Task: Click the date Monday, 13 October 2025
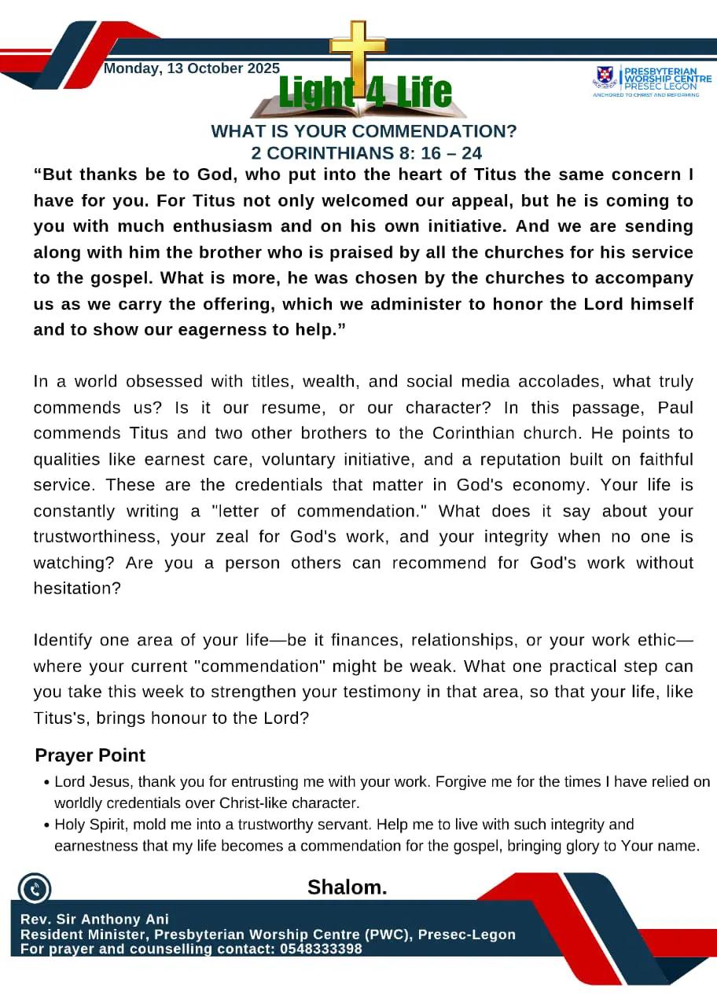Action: pos(191,68)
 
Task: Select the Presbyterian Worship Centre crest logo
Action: pos(605,75)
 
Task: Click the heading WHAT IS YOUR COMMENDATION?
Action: pos(364,131)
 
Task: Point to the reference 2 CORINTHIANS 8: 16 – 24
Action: pos(366,152)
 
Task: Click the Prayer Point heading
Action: pos(90,755)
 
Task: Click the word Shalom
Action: pos(347,887)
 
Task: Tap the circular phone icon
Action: pos(34,890)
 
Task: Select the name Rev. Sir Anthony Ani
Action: pos(94,920)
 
